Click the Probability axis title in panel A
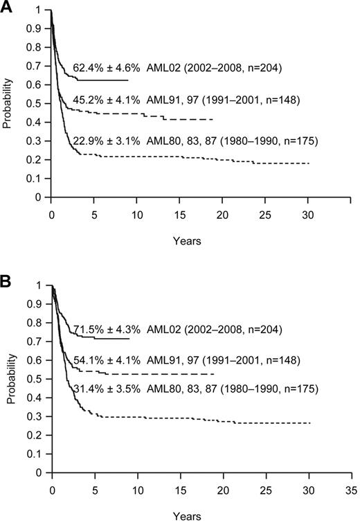(8, 104)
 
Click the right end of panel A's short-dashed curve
(309, 163)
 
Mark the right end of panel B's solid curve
(129, 339)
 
